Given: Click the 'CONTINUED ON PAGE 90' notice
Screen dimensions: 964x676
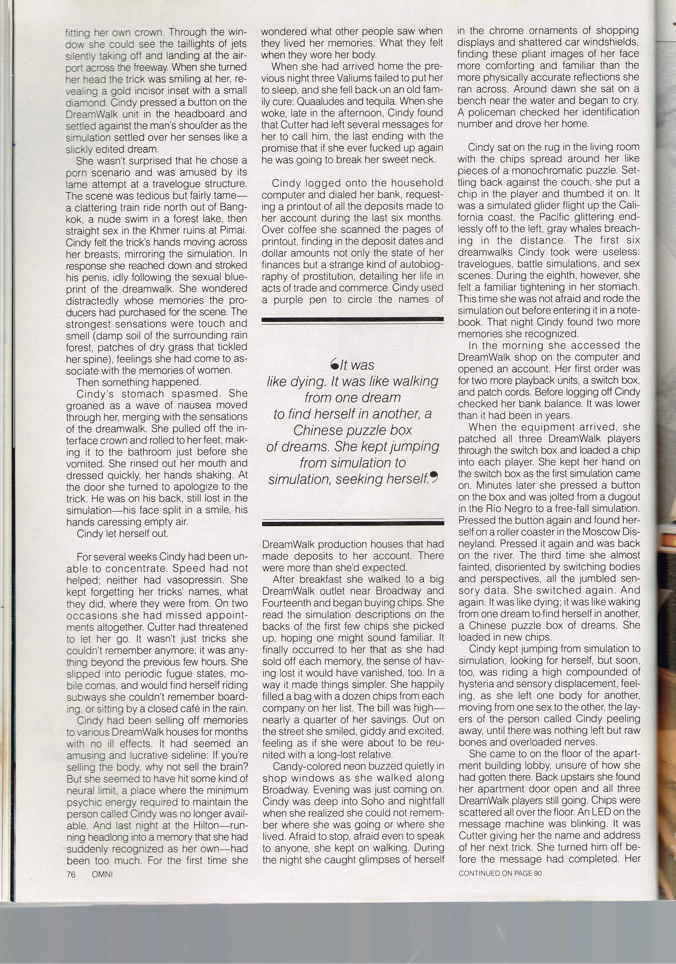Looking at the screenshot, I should coord(500,872).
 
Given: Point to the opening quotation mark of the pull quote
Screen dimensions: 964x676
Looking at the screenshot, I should coord(334,364).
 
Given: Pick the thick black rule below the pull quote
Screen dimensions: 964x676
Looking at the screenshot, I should coord(353,524).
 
